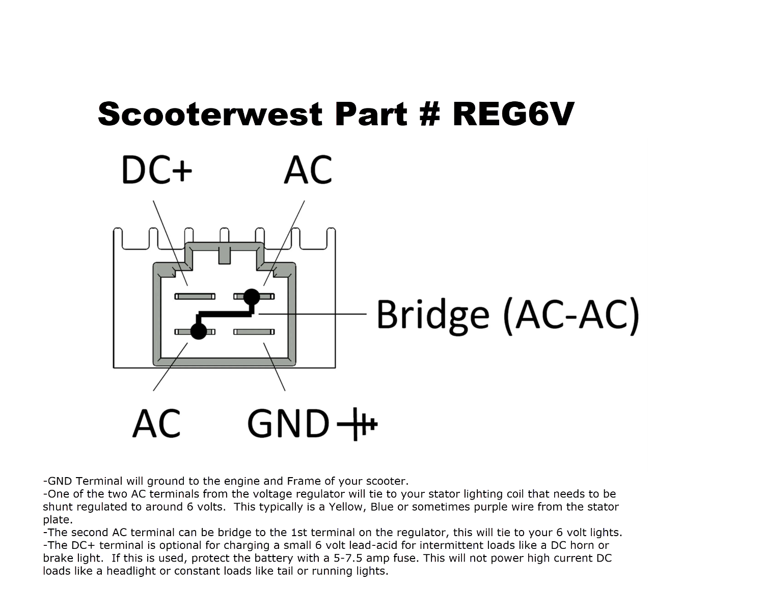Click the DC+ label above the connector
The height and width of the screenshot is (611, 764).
156,170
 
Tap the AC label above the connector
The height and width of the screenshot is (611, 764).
308,170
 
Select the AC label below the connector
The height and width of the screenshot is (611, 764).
156,423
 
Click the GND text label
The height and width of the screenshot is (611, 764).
288,423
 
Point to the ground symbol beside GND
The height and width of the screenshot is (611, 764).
357,424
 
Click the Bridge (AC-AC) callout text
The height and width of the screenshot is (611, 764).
508,316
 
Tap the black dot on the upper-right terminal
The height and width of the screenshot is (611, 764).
252,297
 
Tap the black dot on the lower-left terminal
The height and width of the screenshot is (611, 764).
199,331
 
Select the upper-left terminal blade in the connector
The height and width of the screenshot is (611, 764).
195,296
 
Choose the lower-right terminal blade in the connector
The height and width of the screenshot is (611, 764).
254,332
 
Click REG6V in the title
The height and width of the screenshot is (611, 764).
513,114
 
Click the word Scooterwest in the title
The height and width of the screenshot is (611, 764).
210,114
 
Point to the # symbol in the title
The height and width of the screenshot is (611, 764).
429,114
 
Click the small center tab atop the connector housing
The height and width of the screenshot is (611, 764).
225,255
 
